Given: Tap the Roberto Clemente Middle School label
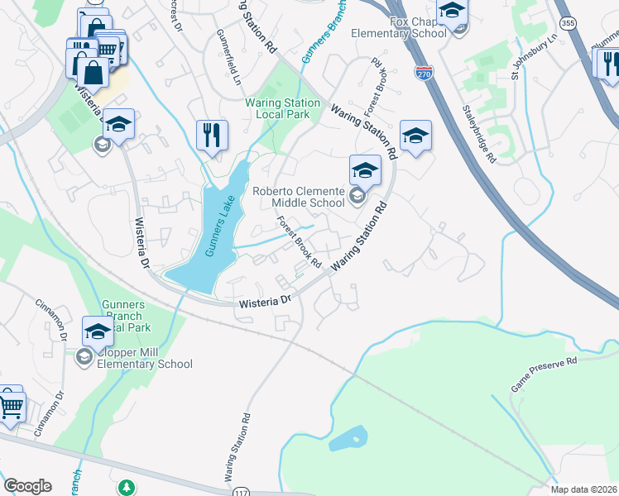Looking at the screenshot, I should pos(298,196).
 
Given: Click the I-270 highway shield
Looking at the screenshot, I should pos(423,74).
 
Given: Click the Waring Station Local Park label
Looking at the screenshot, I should pos(282,108).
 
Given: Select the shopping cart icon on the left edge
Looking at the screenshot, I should pos(11,405).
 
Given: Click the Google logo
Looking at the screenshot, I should pos(28,486).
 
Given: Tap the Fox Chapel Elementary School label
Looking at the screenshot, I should pos(400,27).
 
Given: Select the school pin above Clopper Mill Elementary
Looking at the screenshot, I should pos(98,331).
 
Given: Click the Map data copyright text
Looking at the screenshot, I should pos(584,489).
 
